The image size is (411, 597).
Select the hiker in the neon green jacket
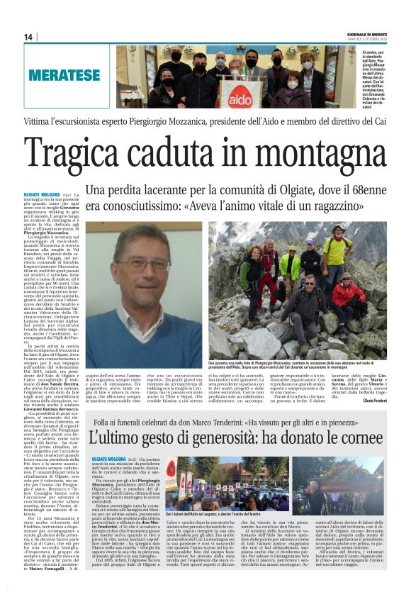coord(289,264)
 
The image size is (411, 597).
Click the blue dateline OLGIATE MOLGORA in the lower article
coord(108,440)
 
